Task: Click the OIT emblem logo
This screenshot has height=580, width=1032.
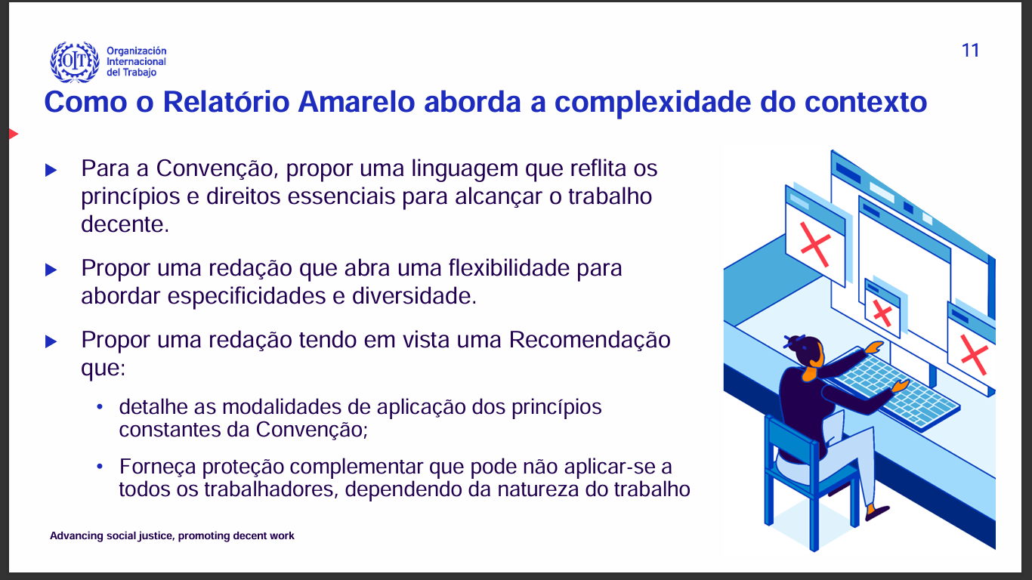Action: [75, 62]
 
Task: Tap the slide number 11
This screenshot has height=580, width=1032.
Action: [970, 51]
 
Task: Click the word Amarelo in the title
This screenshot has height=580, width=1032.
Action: [356, 102]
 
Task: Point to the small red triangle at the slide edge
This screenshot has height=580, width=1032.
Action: [14, 134]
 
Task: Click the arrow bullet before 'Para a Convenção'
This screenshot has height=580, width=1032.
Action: [51, 171]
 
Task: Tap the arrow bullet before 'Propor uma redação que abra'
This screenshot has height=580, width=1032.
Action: [51, 270]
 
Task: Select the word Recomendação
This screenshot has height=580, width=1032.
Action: [590, 340]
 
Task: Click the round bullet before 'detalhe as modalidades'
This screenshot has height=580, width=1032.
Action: [100, 407]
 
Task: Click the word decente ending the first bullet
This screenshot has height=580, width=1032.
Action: [125, 224]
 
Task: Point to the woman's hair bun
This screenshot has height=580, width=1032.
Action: [792, 342]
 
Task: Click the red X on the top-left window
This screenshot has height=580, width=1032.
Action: [815, 244]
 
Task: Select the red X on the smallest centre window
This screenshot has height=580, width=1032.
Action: [882, 313]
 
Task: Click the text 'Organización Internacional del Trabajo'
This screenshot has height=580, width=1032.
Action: [137, 62]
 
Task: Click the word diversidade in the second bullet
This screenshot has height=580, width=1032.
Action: [414, 296]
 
